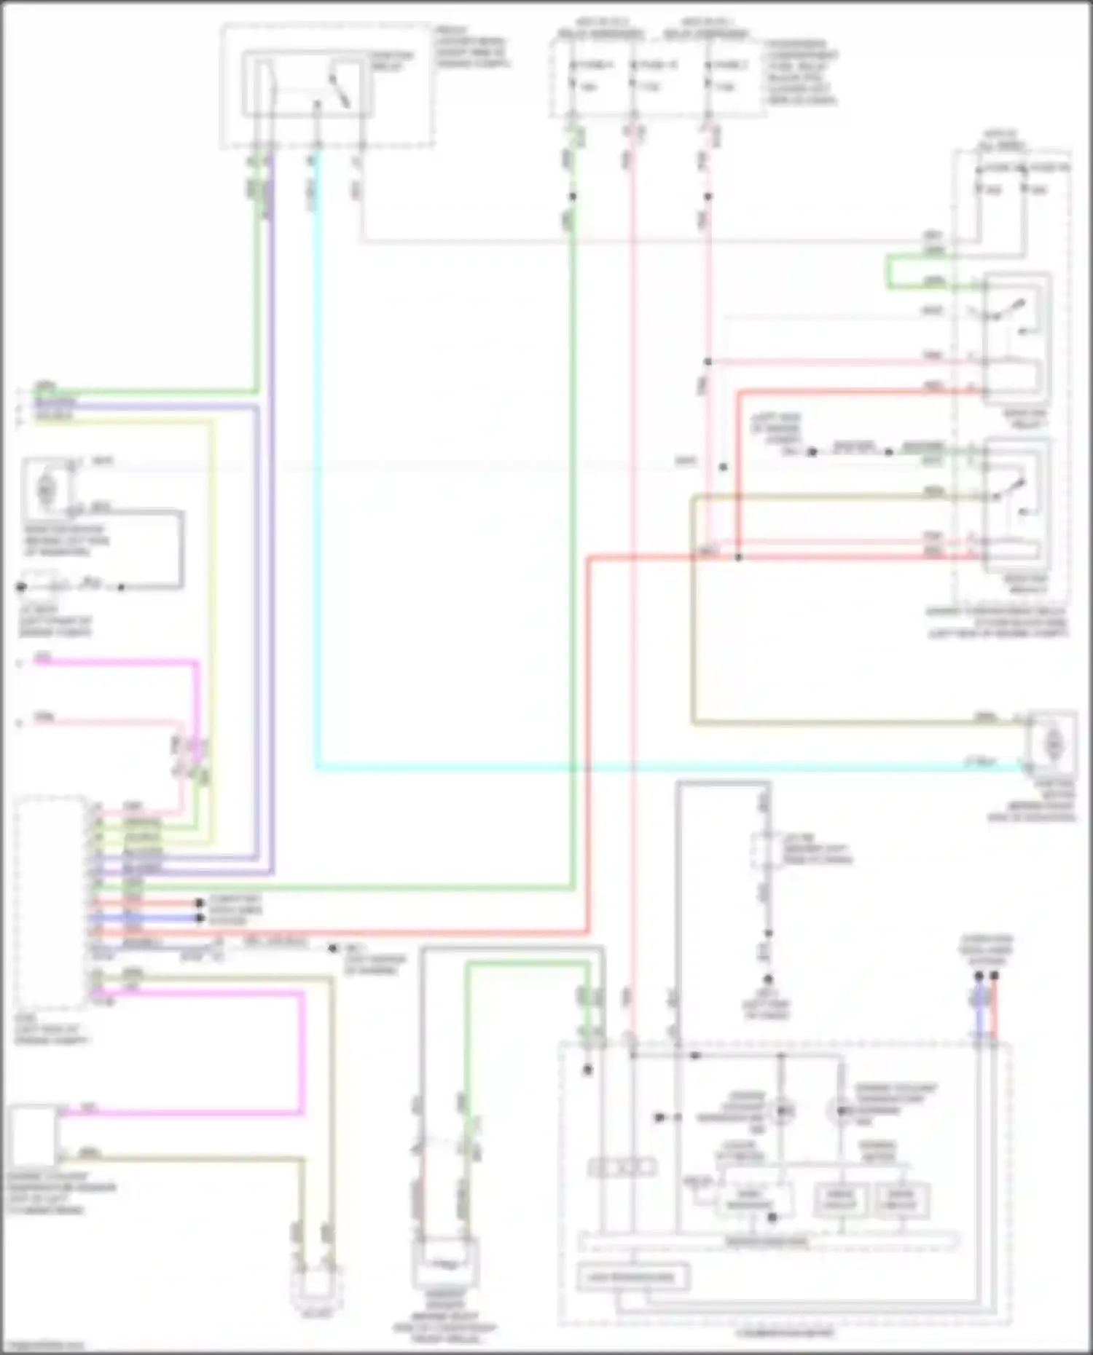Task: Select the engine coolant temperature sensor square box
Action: [32, 1137]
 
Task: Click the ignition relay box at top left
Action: [307, 84]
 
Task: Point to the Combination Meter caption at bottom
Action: [786, 1334]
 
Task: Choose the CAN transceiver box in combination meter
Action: [632, 1277]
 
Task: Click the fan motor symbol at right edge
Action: [1052, 744]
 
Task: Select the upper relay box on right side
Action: [1016, 339]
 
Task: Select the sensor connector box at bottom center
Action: [446, 1265]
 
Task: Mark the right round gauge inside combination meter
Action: [839, 1111]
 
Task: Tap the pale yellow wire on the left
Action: [213, 582]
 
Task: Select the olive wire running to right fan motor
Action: [838, 723]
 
